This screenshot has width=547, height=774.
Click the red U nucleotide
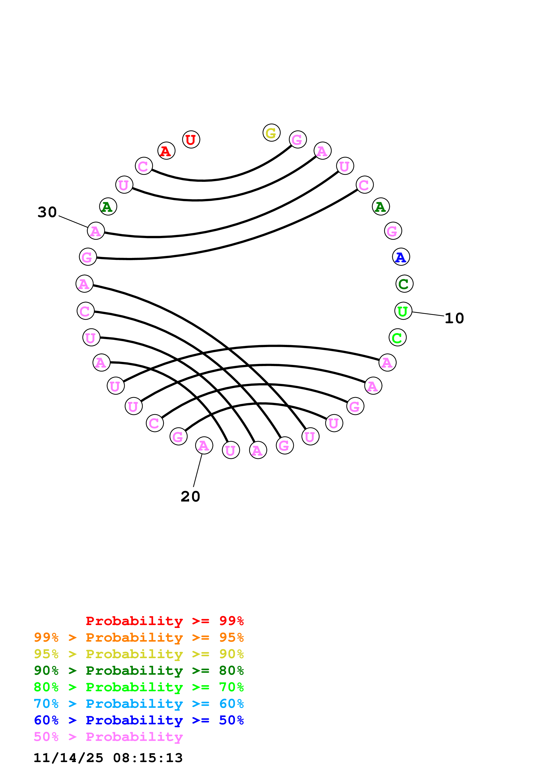click(x=191, y=139)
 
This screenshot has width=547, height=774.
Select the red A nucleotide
click(x=166, y=151)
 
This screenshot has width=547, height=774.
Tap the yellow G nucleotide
click(x=271, y=133)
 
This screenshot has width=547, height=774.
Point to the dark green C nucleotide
click(x=404, y=284)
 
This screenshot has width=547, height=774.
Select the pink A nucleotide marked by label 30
click(x=96, y=231)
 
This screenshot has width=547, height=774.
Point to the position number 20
click(x=190, y=497)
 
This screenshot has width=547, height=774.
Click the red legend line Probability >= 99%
click(x=164, y=621)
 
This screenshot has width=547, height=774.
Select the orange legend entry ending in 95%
click(x=139, y=637)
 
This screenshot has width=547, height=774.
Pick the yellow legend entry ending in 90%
click(x=139, y=654)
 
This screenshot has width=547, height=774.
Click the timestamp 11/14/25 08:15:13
click(x=108, y=758)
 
